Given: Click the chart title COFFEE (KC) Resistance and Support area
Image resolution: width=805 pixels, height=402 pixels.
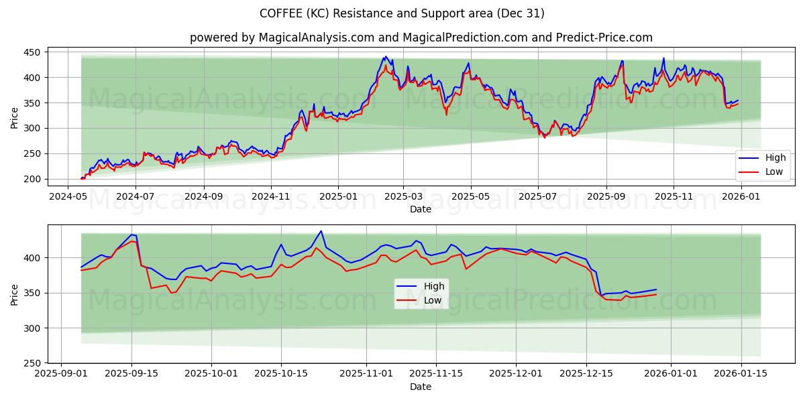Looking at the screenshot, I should click(402, 13).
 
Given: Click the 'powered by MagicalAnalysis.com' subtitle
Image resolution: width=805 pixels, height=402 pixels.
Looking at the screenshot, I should click(421, 38).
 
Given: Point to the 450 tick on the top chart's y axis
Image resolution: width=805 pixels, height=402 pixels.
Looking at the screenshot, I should click(32, 52).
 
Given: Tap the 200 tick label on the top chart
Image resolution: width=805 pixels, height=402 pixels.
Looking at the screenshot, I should click(32, 179).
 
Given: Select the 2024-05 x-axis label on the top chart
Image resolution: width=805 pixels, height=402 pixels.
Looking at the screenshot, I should click(68, 198).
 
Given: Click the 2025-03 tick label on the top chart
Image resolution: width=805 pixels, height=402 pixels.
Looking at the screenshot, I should click(403, 198).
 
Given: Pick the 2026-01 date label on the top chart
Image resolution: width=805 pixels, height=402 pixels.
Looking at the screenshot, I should click(741, 198).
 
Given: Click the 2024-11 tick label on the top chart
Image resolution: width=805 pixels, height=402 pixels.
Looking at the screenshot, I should click(271, 198).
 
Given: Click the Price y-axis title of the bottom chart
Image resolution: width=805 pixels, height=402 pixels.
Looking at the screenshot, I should click(14, 293).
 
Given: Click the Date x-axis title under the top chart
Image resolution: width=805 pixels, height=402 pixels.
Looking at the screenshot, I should click(421, 209).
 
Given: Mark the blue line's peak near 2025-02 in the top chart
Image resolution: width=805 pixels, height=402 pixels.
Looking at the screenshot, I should click(384, 57).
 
